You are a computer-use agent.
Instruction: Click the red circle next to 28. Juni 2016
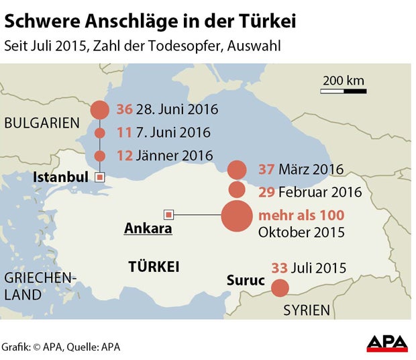[x=100, y=109]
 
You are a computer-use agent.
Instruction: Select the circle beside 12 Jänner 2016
[x=100, y=156]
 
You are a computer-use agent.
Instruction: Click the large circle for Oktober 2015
[x=237, y=216]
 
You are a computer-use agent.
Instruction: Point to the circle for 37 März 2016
[x=237, y=169]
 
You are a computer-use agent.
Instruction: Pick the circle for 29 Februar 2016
[x=237, y=190]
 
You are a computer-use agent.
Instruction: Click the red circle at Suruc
[x=280, y=288]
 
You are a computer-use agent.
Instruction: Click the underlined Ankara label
[x=148, y=228]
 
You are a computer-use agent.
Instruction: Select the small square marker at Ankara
[x=169, y=215]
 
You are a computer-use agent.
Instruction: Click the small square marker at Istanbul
[x=100, y=177]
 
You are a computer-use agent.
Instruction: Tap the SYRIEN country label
[x=307, y=310]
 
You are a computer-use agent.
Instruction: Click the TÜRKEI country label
[x=154, y=267]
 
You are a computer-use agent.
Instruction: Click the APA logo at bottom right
[x=387, y=343]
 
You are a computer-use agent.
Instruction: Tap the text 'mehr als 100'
[x=301, y=216]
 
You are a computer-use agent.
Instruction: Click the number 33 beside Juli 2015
[x=279, y=268]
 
